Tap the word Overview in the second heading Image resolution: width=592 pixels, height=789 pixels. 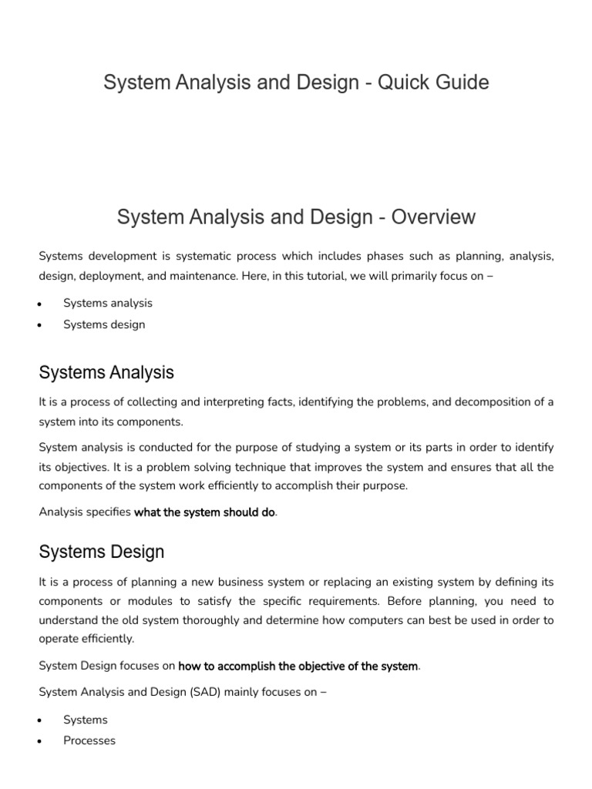tap(433, 217)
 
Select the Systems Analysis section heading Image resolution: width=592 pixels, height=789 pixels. tap(106, 373)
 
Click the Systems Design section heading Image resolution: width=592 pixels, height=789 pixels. tap(101, 552)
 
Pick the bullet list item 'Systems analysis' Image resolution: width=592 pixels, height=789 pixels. tap(108, 303)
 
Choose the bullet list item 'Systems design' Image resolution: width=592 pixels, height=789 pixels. tap(104, 324)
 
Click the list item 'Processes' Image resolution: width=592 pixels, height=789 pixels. tap(89, 740)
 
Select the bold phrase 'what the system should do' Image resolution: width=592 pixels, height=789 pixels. tap(204, 512)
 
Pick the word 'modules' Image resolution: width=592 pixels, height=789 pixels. tap(158, 601)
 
